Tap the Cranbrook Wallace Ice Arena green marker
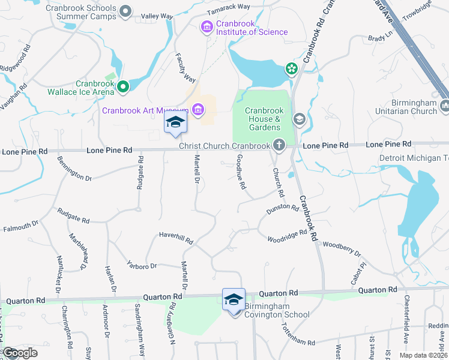click(123, 87)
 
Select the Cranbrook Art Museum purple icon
click(197, 109)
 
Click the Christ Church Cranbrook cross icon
click(279, 145)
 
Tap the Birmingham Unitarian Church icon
click(445, 106)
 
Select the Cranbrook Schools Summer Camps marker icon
click(125, 11)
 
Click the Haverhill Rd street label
click(175, 238)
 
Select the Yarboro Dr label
click(142, 262)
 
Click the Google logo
click(19, 353)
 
